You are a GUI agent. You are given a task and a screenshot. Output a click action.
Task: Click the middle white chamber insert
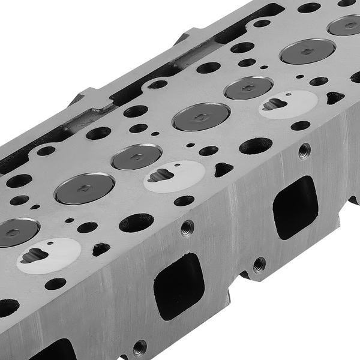175,176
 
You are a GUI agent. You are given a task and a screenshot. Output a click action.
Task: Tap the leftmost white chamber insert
50,256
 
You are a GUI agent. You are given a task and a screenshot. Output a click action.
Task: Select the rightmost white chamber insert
288,104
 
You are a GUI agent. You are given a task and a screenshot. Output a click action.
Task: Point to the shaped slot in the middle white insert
161,176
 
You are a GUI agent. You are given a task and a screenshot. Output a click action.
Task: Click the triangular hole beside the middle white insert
224,170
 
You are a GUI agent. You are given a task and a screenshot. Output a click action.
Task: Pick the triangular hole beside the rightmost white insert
335,97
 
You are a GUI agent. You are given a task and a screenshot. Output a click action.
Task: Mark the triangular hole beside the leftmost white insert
101,248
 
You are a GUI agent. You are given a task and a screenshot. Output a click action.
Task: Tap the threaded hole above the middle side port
187,227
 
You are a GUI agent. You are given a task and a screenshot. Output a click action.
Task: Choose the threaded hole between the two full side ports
259,264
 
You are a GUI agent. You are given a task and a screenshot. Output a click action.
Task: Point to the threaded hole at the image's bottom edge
139,347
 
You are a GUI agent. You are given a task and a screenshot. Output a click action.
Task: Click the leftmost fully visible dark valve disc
84,188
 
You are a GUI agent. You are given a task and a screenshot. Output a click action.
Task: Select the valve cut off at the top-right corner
346,25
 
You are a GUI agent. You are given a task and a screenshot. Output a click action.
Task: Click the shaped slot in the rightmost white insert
274,104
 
